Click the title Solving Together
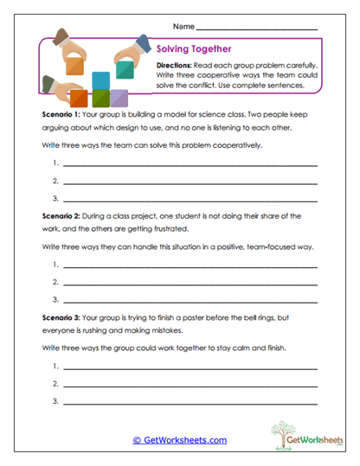[193, 49]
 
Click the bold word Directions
[177, 66]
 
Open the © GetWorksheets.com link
[179, 440]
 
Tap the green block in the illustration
[100, 98]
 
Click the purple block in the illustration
[119, 98]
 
